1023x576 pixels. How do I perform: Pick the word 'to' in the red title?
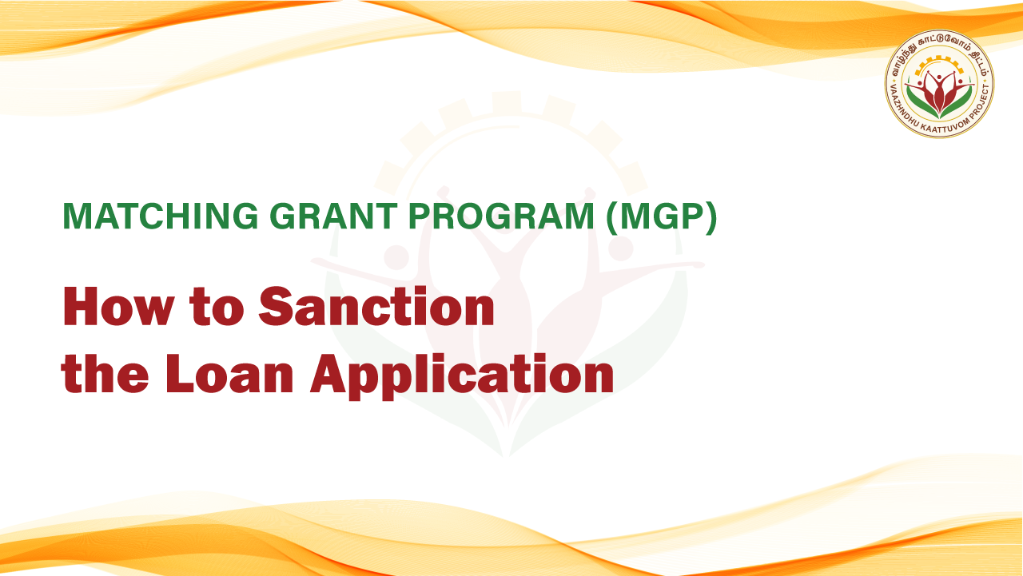pos(217,307)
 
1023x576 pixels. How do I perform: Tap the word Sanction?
pos(376,306)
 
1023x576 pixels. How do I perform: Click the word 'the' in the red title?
pos(105,373)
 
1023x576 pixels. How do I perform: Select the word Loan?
pos(229,373)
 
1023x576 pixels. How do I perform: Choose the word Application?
pos(462,377)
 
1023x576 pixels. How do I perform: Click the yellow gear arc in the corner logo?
pos(939,58)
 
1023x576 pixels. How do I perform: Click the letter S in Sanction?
pos(274,306)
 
